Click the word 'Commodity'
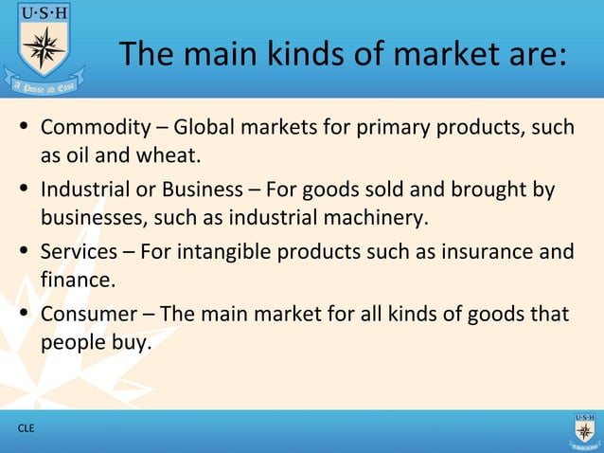coord(96,127)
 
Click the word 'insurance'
coord(483,252)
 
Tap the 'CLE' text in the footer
coord(26,428)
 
